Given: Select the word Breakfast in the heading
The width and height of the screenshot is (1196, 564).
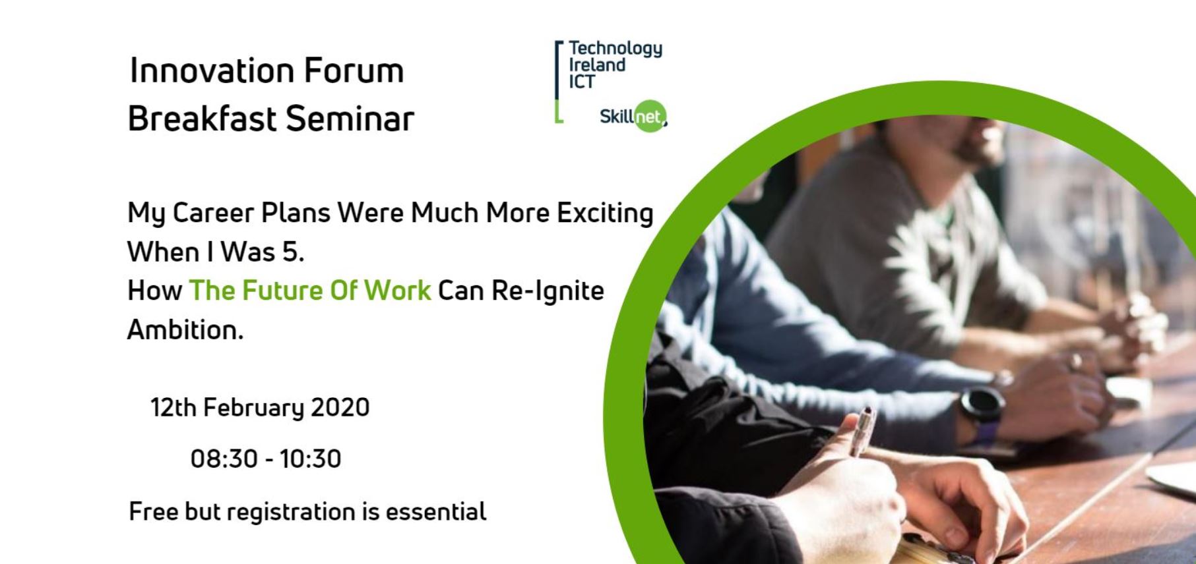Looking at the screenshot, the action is (201, 119).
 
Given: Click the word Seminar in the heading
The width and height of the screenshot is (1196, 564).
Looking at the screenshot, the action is (350, 119).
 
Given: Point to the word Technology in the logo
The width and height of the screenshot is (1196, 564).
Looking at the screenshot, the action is (615, 49).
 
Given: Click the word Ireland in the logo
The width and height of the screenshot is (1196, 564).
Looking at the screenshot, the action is (597, 65).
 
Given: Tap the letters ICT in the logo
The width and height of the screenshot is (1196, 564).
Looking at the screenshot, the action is (582, 82).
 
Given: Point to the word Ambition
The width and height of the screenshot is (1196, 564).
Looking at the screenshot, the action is (185, 329).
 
